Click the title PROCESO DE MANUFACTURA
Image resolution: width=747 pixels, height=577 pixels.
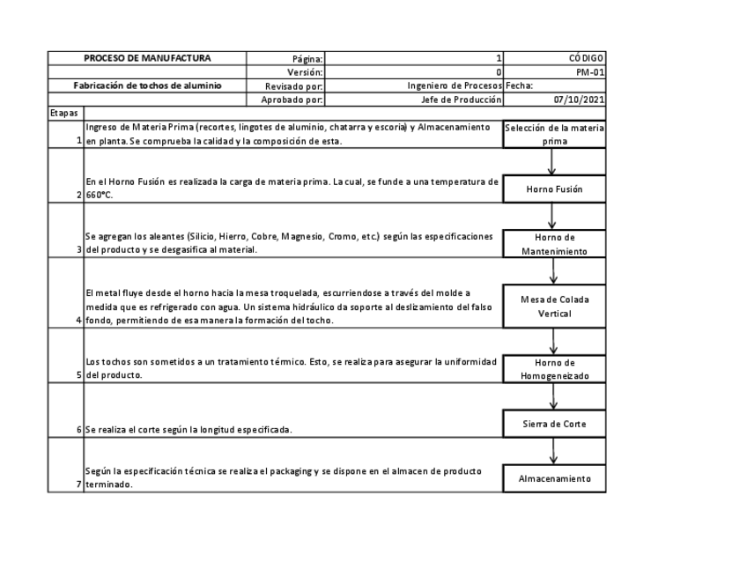(x=147, y=58)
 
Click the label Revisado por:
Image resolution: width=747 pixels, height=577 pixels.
(x=295, y=86)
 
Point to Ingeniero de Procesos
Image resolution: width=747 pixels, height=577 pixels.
(x=454, y=86)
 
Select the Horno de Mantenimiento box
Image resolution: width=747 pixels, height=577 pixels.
(x=553, y=244)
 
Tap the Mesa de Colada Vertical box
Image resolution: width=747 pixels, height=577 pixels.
(x=553, y=307)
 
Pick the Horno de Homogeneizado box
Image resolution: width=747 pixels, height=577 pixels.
(x=553, y=368)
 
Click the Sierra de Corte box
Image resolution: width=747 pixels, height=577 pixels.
(x=553, y=425)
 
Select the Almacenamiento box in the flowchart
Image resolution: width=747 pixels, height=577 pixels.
(x=553, y=478)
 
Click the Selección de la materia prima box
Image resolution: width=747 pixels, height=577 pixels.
(x=553, y=134)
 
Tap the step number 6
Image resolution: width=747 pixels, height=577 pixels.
(x=79, y=430)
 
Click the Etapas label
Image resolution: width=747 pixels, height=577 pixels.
(x=63, y=115)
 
